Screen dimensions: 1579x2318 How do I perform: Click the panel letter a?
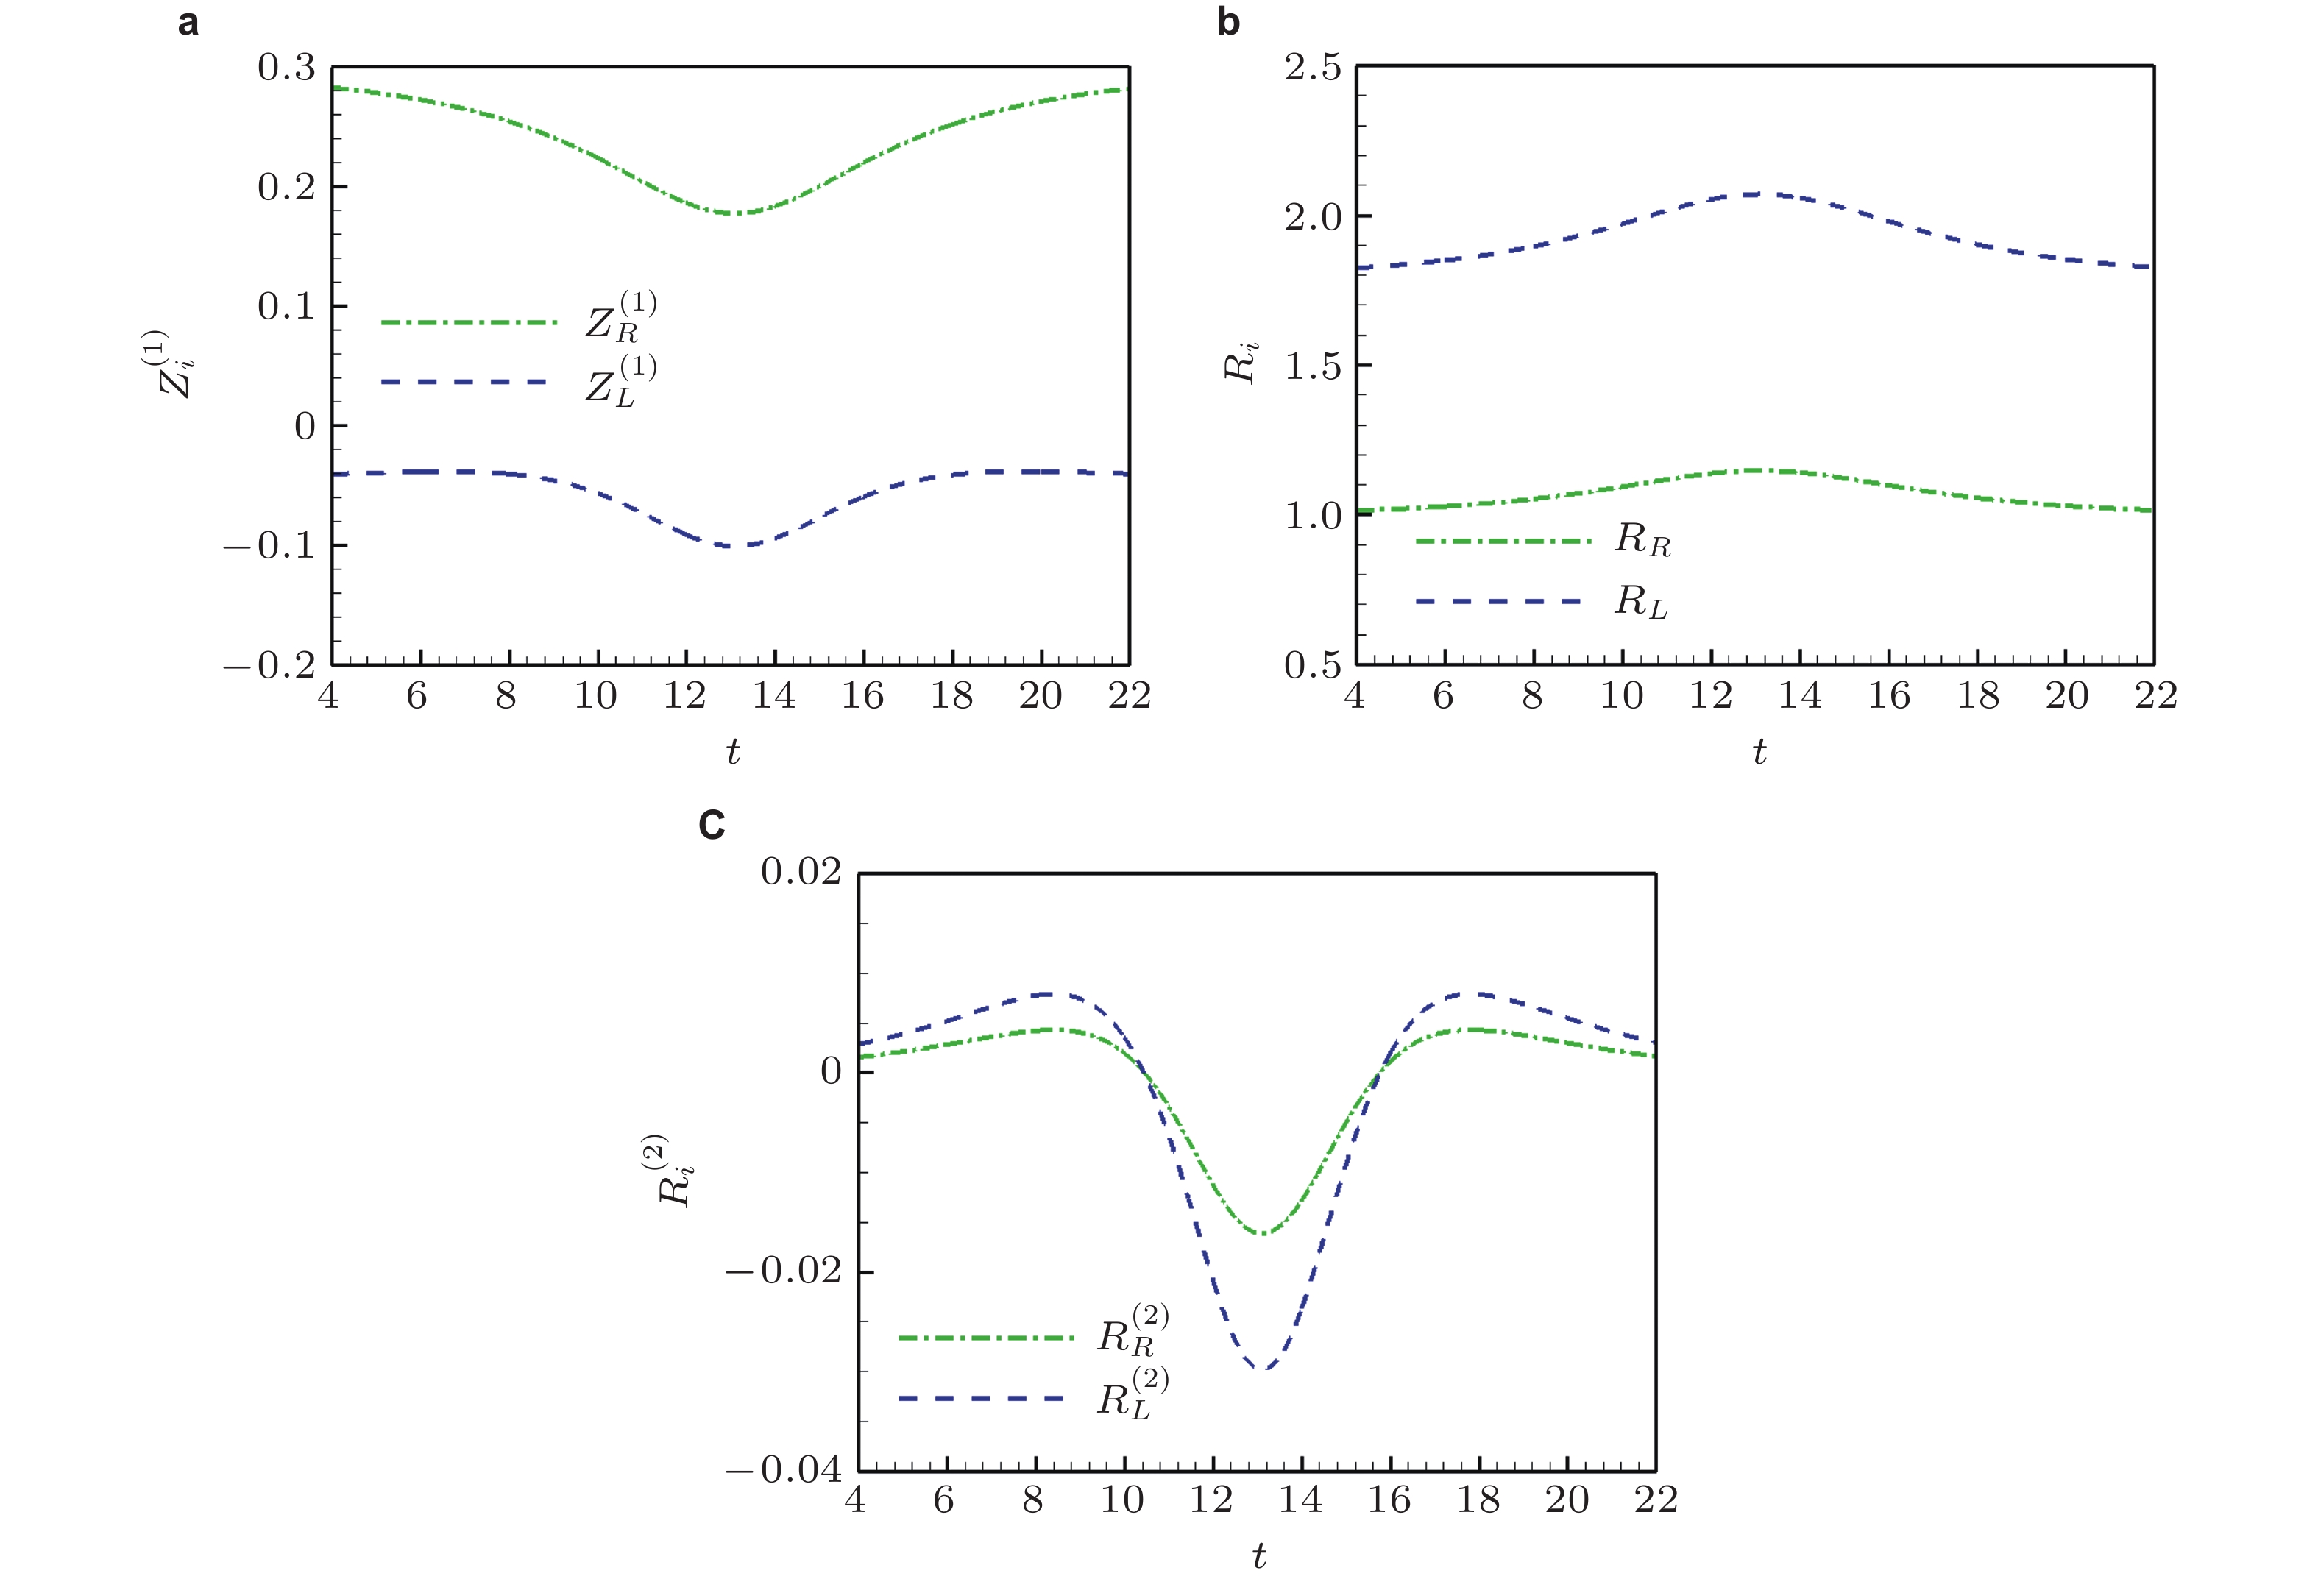coord(188,22)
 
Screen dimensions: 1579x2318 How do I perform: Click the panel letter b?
coord(1228,22)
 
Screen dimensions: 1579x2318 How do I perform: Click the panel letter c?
coord(711,825)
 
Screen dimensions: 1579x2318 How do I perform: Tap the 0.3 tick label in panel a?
coord(286,68)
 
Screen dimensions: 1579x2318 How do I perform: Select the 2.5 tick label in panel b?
coord(1313,68)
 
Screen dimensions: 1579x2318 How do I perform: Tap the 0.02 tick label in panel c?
coord(801,872)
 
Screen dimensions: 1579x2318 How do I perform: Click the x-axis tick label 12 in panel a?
coord(684,696)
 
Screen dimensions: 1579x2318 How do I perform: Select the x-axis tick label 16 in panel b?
coord(1888,696)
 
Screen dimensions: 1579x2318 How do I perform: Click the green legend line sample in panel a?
coord(469,323)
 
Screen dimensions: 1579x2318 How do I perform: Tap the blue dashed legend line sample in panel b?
coord(1499,601)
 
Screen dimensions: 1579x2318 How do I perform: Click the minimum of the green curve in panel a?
coord(735,213)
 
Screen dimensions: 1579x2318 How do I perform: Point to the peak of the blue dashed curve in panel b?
coord(1756,194)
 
